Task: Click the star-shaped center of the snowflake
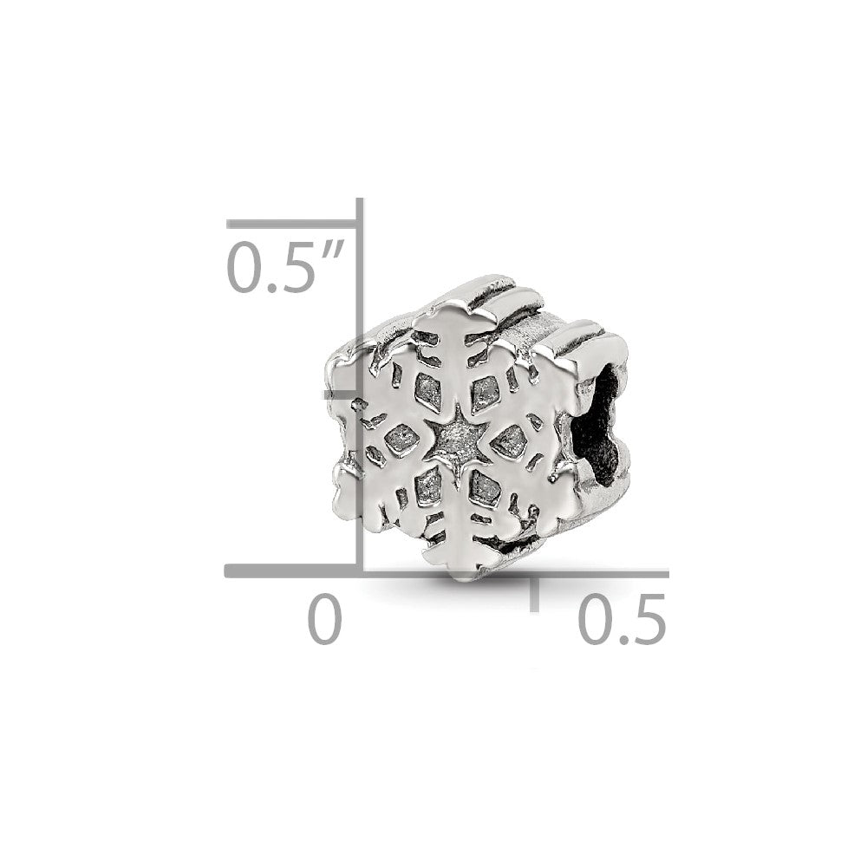click(x=457, y=440)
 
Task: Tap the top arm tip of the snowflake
click(x=450, y=313)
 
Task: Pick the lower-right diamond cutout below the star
click(x=486, y=492)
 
